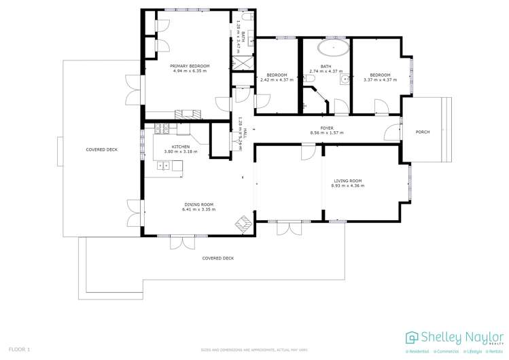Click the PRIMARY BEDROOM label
[190, 66]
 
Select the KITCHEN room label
[180, 147]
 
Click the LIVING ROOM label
[346, 181]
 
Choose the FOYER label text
[327, 128]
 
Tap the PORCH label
[423, 132]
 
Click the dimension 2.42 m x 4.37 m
[277, 80]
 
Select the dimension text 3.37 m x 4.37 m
[380, 80]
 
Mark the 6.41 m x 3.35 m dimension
[198, 210]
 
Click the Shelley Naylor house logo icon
[412, 338]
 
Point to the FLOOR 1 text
[20, 349]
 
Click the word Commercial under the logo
[446, 352]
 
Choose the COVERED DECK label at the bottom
[217, 258]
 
